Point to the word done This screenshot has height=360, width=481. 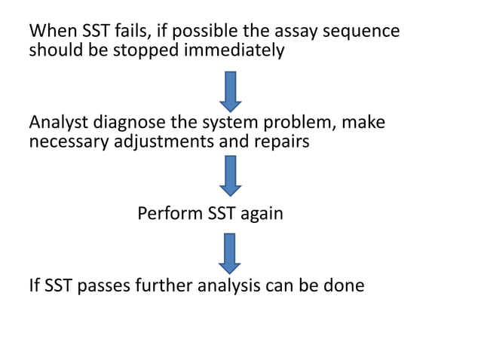(x=344, y=286)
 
